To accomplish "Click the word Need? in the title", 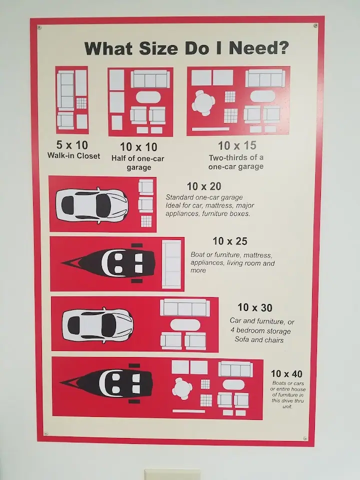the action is [x=258, y=48].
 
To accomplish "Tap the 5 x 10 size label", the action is [x=72, y=145].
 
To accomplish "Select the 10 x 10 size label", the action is [x=138, y=147].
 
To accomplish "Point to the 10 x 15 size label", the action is [x=237, y=145].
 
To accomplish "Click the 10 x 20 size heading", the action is [x=204, y=186].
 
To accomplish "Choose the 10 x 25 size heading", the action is [x=230, y=241].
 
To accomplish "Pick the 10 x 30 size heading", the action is [x=255, y=307].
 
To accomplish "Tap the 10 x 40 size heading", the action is [x=286, y=374].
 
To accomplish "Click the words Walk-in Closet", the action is [x=74, y=155].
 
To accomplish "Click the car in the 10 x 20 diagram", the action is [x=92, y=205].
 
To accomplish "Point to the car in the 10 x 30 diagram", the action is [x=97, y=325].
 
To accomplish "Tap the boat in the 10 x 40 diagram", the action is [x=106, y=383].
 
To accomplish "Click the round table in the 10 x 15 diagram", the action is [x=203, y=102].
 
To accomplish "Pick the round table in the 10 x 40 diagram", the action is [x=182, y=388].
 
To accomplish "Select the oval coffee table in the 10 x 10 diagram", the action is [x=148, y=97].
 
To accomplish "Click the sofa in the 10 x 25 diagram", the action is [x=171, y=264].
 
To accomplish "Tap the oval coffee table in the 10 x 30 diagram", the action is [x=185, y=325].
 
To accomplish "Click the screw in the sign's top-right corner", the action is [x=315, y=25].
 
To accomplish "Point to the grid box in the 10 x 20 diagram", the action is [x=146, y=221].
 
